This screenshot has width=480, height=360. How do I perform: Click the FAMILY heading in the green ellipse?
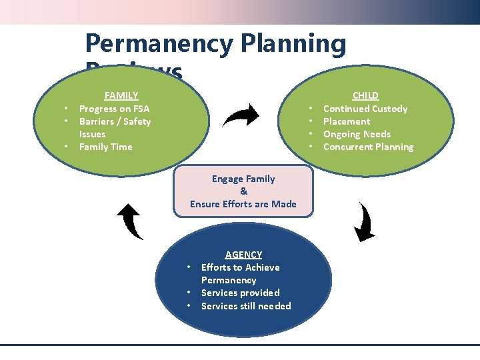pos(121,95)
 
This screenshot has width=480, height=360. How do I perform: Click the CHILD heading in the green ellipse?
pos(365,95)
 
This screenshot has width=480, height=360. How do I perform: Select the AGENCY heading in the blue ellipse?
pos(243,254)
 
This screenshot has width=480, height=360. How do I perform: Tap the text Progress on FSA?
pos(114,109)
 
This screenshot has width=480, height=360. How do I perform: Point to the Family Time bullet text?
pos(105,147)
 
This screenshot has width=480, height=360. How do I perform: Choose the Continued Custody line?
pos(365,109)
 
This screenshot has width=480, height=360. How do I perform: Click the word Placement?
pos(346,121)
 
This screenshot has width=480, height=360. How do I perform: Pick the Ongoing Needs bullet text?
pos(357,134)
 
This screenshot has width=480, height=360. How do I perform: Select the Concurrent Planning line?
pos(368,147)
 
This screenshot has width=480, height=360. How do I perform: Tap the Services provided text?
pos(240,293)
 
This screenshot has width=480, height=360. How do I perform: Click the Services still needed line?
pos(246,306)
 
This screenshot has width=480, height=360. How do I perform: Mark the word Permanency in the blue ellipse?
pos(228,280)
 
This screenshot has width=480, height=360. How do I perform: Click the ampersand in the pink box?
pos(243,191)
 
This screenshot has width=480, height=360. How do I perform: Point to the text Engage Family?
pos(243,179)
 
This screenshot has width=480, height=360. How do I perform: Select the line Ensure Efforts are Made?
pos(243,204)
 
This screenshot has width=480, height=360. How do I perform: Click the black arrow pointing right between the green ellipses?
pos(241,115)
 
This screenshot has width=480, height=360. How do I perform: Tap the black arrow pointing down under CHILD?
pos(364,221)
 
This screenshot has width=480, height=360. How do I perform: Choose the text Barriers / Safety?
pos(115,121)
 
